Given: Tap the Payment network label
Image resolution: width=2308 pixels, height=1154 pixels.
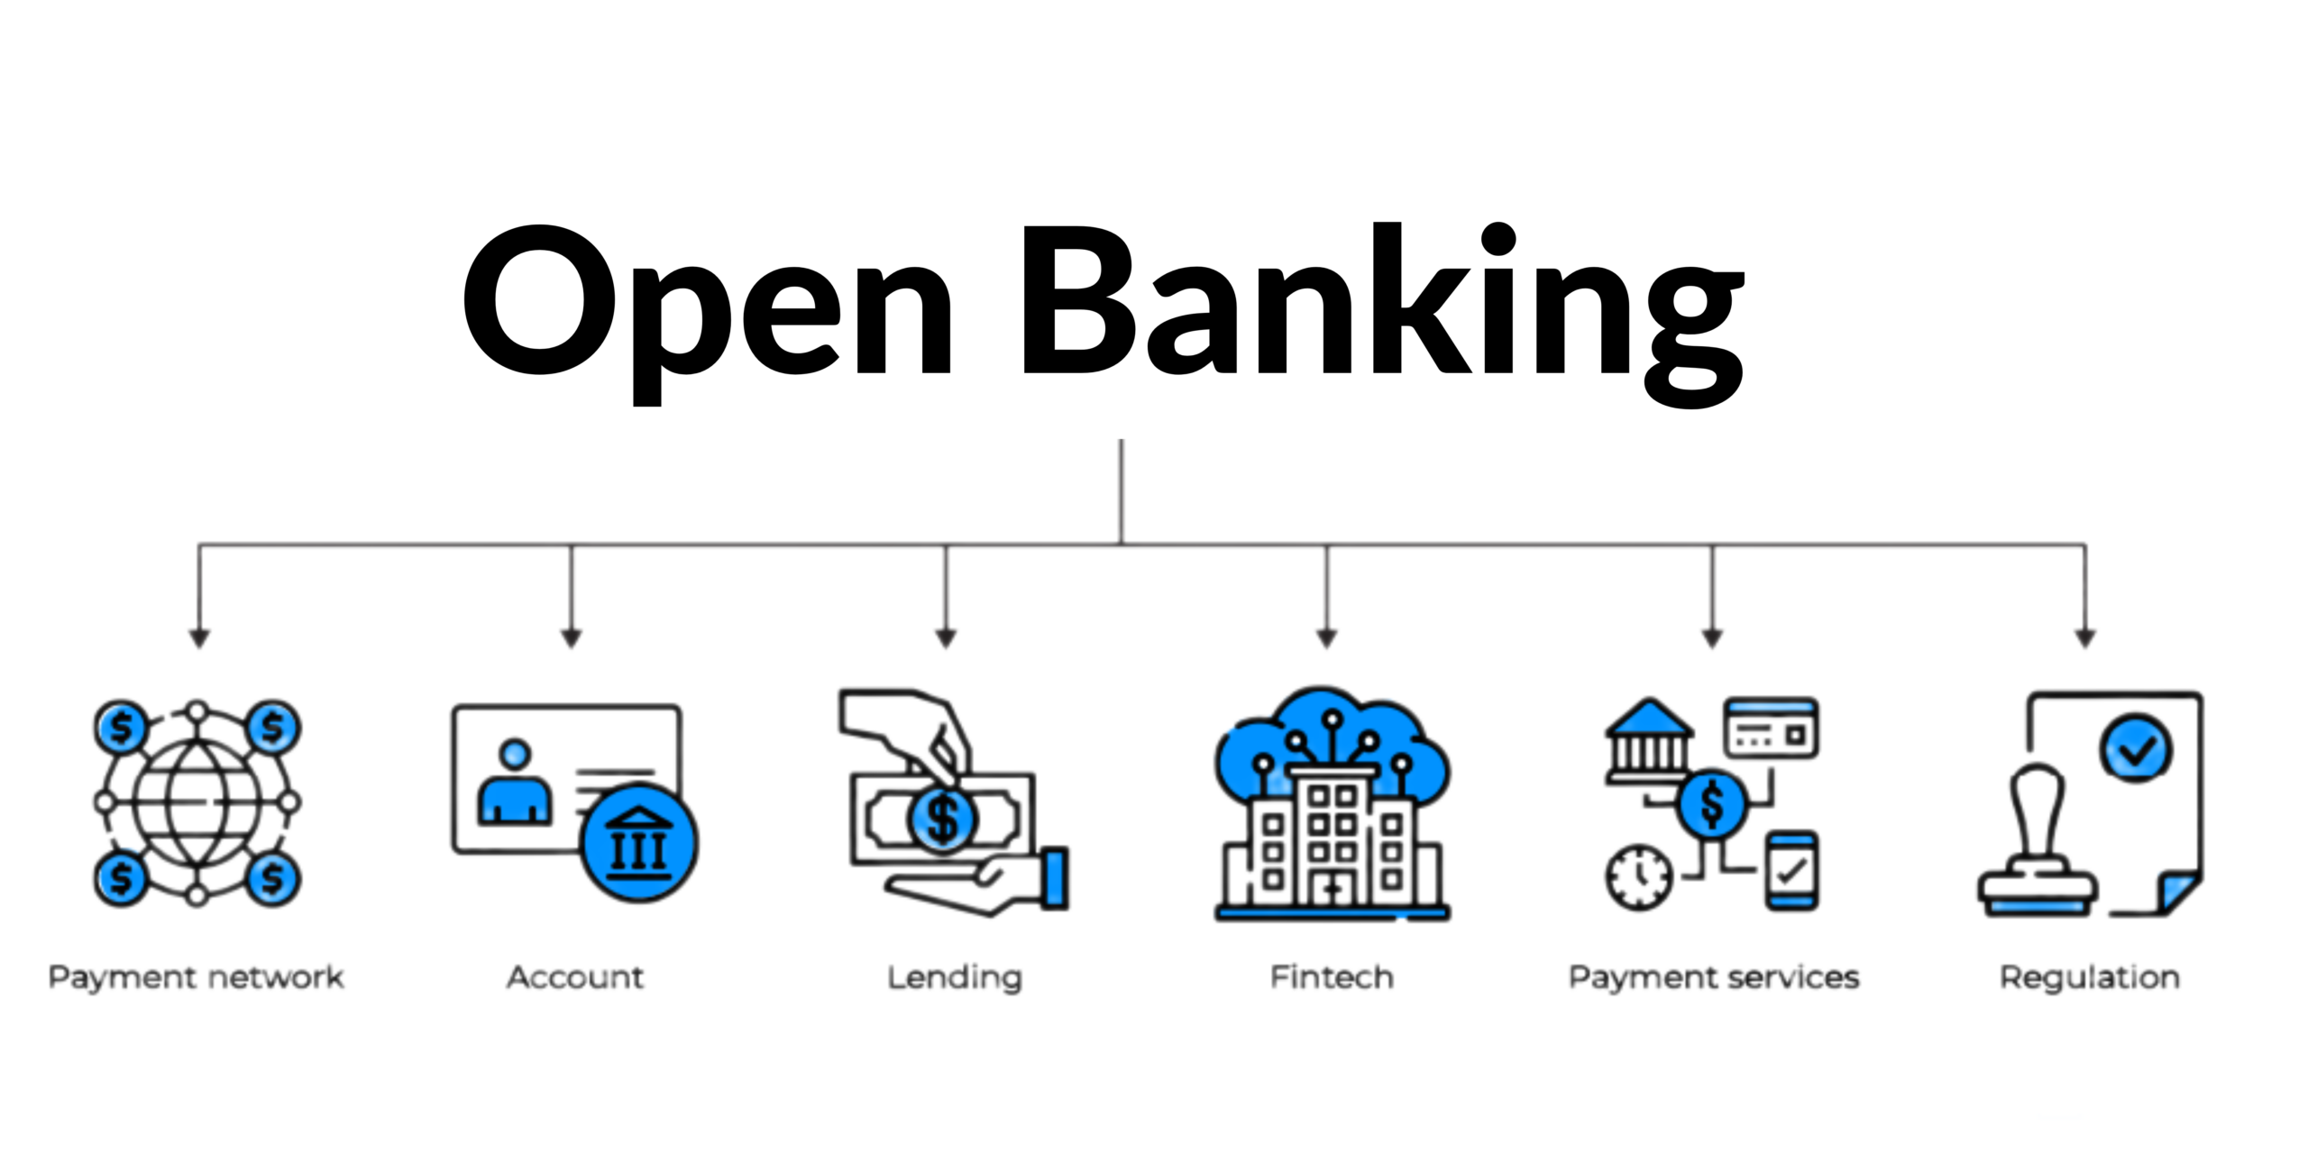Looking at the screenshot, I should click(x=196, y=977).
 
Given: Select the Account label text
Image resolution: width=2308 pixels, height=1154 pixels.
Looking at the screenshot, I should click(x=575, y=977).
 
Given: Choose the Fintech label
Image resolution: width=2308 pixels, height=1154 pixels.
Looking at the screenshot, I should click(x=1332, y=977).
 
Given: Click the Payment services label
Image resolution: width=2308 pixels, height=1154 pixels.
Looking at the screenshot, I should click(x=1714, y=977).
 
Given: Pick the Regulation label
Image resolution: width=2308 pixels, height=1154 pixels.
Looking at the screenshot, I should click(x=2090, y=977).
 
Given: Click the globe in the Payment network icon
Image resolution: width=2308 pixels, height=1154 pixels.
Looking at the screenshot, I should click(x=197, y=801).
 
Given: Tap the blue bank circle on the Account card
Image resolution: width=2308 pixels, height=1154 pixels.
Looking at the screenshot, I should click(x=639, y=844).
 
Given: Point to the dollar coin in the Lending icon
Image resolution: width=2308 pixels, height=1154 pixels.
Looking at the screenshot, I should click(x=943, y=819).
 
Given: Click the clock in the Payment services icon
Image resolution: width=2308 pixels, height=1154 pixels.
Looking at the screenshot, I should click(x=1639, y=875).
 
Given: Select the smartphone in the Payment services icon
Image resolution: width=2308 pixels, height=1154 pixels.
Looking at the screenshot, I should click(x=1791, y=871).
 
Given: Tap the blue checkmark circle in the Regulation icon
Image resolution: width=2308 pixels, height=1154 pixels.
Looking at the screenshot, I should click(x=2136, y=747).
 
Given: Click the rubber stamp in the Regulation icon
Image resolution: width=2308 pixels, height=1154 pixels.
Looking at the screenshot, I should click(x=2038, y=847).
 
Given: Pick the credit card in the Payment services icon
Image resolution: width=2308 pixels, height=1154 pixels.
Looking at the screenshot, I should click(x=1771, y=727).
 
